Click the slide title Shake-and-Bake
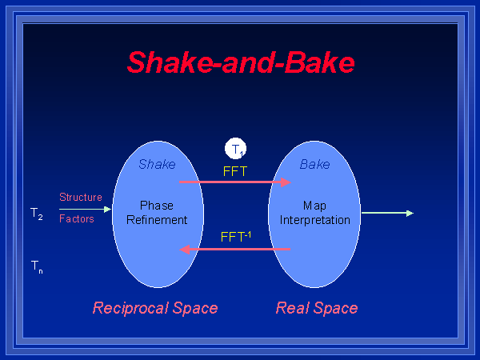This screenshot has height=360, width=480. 241,62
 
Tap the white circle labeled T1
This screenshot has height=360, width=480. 236,148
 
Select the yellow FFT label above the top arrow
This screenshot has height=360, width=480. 236,170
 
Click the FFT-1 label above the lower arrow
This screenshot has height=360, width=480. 236,237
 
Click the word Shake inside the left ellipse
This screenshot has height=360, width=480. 157,164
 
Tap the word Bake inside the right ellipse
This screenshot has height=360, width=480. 314,164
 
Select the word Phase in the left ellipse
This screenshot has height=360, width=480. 157,206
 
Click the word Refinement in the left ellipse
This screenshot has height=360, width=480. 157,219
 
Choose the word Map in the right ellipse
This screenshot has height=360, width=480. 314,206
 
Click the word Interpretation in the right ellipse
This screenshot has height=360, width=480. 314,219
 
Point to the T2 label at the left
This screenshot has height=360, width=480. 37,214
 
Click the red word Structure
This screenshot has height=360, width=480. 81,197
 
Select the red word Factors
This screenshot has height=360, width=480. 77,218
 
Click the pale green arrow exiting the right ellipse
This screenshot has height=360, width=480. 387,213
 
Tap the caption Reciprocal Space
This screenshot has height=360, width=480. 155,308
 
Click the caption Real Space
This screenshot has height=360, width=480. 317,308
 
